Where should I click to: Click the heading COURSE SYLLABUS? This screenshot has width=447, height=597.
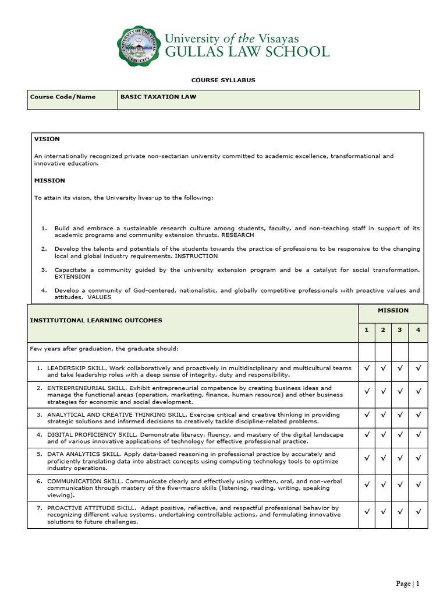click(x=223, y=80)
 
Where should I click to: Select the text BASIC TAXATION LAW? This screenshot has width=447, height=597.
click(x=158, y=97)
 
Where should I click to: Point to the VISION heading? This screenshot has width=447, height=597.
click(x=47, y=139)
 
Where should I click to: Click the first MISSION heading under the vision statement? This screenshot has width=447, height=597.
click(x=49, y=181)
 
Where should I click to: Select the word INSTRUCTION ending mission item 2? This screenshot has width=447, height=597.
click(x=197, y=256)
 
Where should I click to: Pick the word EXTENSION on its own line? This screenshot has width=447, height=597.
click(x=72, y=277)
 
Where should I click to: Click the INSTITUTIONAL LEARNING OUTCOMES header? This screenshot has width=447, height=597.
click(x=96, y=320)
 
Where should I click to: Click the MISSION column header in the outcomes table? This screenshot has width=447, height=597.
click(x=393, y=311)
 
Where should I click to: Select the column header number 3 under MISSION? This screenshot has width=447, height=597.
click(x=400, y=331)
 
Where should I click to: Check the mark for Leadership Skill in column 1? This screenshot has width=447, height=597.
click(x=366, y=368)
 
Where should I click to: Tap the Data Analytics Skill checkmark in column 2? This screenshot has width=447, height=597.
click(x=383, y=458)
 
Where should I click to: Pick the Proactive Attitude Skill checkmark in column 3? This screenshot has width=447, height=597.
click(x=400, y=512)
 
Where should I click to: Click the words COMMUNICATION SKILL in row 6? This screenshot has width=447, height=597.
click(x=80, y=481)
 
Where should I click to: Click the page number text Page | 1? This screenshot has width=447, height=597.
click(x=407, y=584)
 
